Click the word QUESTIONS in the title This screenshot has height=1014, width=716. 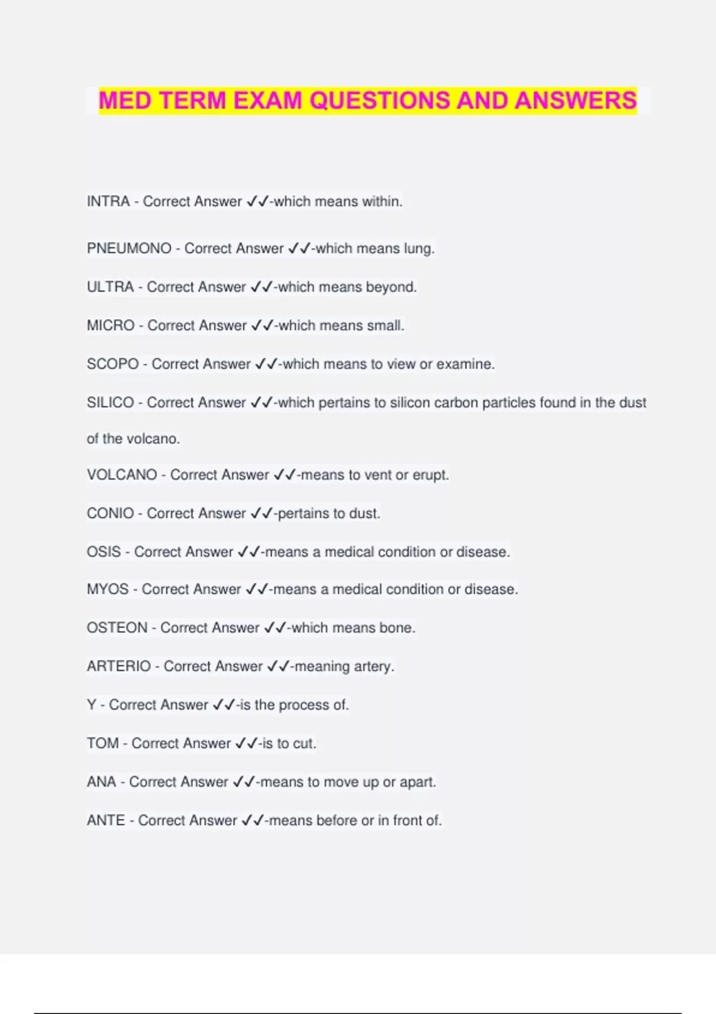click(380, 100)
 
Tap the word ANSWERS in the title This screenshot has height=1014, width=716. click(576, 100)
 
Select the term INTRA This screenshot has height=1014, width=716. click(108, 202)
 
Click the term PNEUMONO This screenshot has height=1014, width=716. click(129, 249)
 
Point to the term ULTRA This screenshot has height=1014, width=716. click(110, 287)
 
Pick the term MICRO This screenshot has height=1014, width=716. click(110, 326)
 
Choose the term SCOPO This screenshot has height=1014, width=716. click(113, 364)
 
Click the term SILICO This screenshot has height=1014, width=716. click(110, 403)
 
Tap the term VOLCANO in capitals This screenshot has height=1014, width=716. click(122, 475)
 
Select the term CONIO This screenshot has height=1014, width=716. click(110, 514)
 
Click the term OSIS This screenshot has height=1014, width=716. click(104, 552)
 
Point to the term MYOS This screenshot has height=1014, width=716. click(107, 589)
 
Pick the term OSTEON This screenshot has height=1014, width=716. click(117, 628)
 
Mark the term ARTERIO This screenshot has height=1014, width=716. click(119, 666)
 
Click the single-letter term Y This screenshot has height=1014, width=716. click(91, 705)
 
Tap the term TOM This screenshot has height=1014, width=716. click(103, 743)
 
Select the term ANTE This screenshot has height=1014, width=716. click(106, 821)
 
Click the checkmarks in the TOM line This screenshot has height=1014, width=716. click(246, 743)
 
